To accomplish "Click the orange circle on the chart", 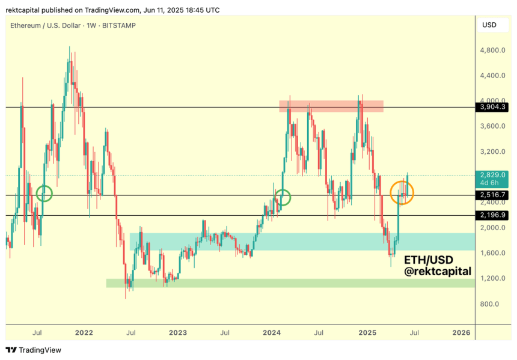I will click(402, 192).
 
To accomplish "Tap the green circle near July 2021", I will click(44, 194).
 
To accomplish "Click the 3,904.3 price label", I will click(493, 107).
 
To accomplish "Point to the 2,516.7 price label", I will click(493, 195).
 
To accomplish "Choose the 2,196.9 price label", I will click(493, 215).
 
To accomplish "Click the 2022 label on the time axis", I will click(84, 332).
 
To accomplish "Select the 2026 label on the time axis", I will click(461, 332).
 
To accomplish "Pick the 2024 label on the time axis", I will click(272, 332).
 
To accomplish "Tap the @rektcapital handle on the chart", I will click(438, 272).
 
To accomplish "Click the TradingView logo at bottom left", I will click(34, 350).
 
